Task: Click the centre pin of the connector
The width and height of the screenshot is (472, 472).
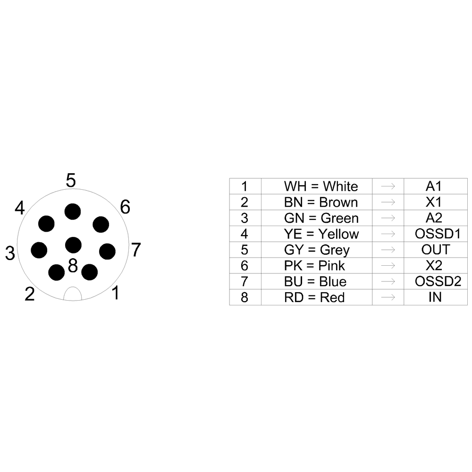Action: (73, 244)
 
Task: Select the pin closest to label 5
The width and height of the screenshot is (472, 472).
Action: (73, 211)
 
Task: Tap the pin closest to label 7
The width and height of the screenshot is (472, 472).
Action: (107, 251)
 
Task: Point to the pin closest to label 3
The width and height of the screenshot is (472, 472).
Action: (39, 250)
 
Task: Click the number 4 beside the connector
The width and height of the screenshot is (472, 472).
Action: (19, 208)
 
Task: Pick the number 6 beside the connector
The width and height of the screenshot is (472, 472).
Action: (125, 207)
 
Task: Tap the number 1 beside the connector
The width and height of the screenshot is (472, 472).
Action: (115, 294)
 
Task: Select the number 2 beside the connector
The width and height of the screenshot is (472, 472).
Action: (30, 295)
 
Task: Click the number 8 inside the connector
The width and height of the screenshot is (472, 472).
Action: (73, 266)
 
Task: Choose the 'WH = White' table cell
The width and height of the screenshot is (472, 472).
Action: (321, 186)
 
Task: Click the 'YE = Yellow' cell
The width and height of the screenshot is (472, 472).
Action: (321, 234)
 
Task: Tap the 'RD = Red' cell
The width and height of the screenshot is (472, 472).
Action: (321, 297)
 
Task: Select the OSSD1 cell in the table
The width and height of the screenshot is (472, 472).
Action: (437, 234)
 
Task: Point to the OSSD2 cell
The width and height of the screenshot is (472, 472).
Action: (437, 281)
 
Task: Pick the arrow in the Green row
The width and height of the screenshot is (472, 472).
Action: (388, 218)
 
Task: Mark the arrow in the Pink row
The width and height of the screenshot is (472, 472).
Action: (388, 265)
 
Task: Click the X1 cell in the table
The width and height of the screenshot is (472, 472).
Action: (433, 202)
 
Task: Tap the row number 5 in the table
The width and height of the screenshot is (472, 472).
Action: (244, 250)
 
